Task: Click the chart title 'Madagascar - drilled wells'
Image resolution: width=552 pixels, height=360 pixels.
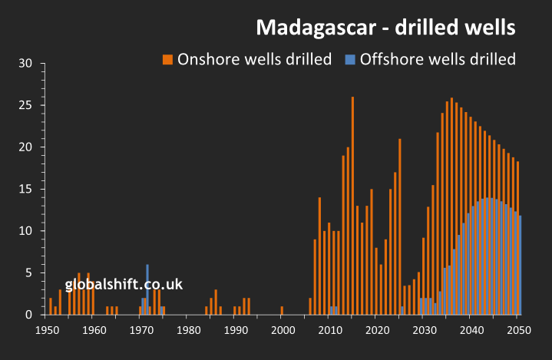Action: pos(385,28)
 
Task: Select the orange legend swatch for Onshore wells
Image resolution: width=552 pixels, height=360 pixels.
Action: pos(167,59)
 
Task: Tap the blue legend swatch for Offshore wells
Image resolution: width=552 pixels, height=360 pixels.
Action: pos(350,59)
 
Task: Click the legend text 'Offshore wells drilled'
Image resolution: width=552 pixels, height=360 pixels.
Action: pos(438,59)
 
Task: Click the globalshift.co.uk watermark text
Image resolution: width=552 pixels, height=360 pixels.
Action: pos(124,284)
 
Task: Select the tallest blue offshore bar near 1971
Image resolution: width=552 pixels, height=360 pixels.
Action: pos(147,289)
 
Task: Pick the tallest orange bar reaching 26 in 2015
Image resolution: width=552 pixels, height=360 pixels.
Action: pos(352,206)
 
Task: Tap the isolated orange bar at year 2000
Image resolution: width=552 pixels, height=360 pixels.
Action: pos(282,310)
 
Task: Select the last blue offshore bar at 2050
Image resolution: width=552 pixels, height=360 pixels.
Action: pos(521,265)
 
